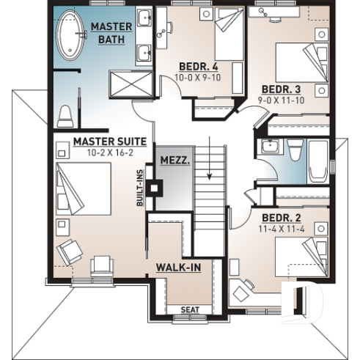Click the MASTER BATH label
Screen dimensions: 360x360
[111, 32]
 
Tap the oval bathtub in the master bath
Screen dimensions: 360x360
[71, 34]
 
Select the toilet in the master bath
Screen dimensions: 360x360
[65, 115]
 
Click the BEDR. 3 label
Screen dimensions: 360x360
[279, 87]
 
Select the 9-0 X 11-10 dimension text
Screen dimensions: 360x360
[280, 98]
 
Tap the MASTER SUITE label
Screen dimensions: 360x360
[110, 141]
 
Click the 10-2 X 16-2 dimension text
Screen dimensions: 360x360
[110, 153]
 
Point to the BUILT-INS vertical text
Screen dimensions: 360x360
[139, 188]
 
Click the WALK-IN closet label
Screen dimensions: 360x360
[178, 268]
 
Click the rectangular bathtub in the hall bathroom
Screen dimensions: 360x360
[318, 161]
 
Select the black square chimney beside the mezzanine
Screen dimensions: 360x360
[154, 187]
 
